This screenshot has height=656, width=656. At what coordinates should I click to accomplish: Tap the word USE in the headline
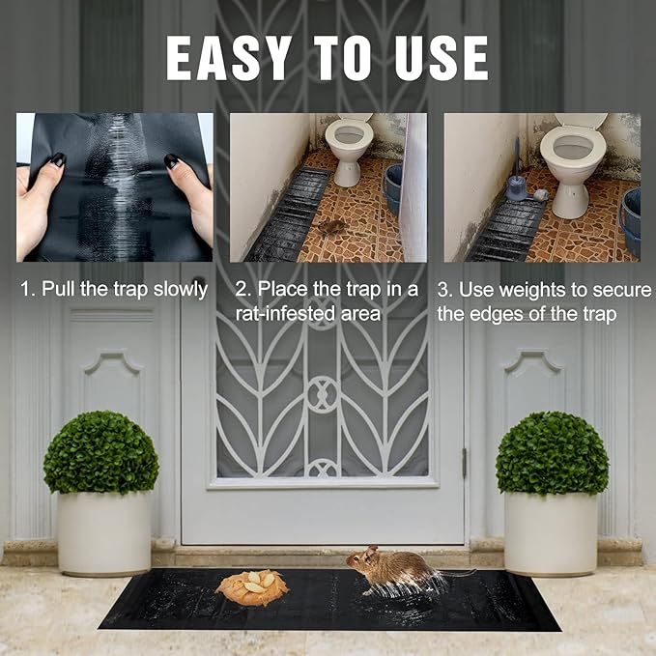click(x=442, y=58)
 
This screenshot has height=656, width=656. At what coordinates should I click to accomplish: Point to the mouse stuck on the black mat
click(x=397, y=570)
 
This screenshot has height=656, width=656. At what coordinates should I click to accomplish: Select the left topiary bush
click(x=100, y=453)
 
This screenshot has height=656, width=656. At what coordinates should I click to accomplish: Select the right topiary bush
click(x=552, y=453)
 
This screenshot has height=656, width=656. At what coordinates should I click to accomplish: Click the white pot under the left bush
click(x=103, y=533)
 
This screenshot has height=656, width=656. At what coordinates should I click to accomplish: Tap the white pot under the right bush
click(x=551, y=533)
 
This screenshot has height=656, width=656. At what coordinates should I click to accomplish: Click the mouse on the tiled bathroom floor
click(x=332, y=227)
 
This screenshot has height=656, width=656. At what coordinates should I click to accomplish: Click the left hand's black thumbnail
click(x=57, y=160)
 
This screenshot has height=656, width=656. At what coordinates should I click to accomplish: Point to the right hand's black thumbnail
click(x=172, y=161)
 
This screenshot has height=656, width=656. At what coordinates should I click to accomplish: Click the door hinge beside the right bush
click(x=465, y=463)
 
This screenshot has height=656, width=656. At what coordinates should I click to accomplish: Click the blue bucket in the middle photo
click(x=393, y=188)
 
